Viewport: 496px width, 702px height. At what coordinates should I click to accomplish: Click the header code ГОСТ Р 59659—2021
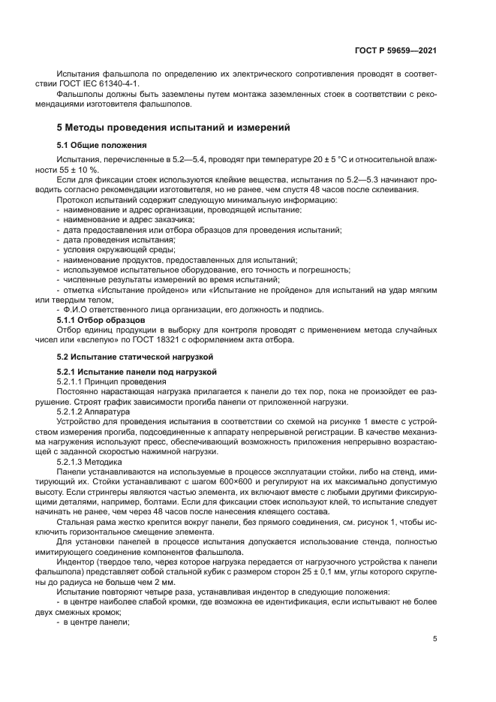pos(395,50)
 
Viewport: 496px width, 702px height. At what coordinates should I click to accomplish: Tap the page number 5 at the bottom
pos(435,639)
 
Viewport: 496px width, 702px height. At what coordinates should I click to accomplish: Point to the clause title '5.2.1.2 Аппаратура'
pos(93,412)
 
